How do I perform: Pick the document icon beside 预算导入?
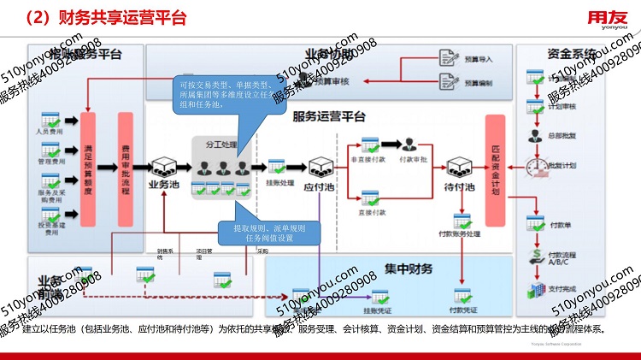coord(449,57)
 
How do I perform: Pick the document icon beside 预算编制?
coord(449,82)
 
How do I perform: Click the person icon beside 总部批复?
coord(534,134)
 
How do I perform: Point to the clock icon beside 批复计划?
coord(537,162)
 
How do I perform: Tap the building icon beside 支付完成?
coord(536,289)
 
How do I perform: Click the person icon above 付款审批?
coord(411,145)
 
